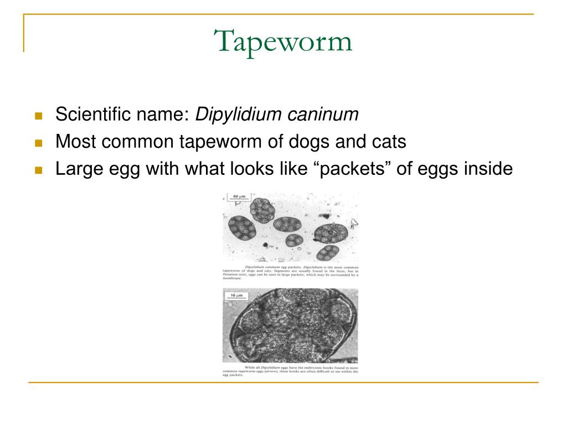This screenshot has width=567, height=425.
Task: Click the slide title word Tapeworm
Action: point(283,42)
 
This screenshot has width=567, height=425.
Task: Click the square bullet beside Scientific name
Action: point(38,117)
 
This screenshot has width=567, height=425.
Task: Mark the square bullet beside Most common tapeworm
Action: point(38,143)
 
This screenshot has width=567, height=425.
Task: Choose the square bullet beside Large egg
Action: point(38,170)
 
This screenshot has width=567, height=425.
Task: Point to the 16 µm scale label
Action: point(236,296)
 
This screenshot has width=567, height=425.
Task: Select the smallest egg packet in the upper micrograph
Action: point(293,241)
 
